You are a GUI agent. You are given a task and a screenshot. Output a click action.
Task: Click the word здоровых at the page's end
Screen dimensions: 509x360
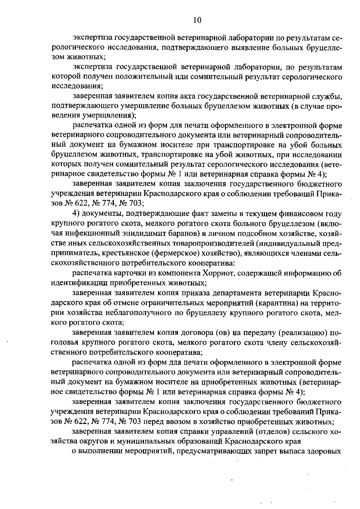click(323, 452)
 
